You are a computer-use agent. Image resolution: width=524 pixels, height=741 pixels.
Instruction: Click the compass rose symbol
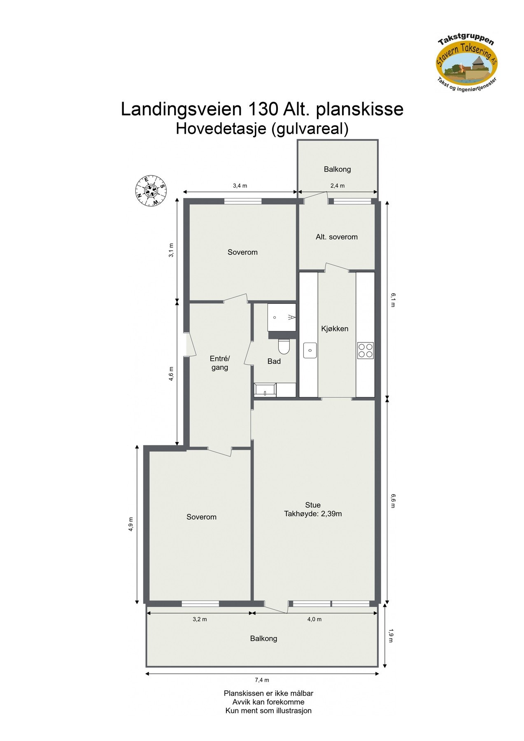[151, 191]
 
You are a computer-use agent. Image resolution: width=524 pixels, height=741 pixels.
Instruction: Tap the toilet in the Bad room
[284, 347]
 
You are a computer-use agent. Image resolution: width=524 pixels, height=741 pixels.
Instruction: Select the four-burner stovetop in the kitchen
[365, 350]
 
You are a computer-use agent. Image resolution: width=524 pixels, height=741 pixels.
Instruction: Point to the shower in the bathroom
[282, 317]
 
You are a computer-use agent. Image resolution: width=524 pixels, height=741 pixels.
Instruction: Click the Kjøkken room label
[335, 329]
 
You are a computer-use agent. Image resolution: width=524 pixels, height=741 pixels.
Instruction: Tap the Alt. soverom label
[336, 237]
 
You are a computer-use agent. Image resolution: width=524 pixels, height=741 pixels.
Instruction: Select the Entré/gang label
[220, 363]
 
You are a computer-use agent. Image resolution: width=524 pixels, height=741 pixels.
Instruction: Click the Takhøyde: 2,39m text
[313, 514]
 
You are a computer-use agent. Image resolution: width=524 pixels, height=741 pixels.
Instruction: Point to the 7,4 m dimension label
[262, 680]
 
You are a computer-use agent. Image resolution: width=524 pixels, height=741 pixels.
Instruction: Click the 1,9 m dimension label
[391, 635]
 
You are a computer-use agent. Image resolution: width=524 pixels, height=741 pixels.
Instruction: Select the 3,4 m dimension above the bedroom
[240, 186]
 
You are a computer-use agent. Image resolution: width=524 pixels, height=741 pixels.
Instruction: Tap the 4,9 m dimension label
[130, 524]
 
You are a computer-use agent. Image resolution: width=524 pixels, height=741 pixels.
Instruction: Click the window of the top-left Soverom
[243, 201]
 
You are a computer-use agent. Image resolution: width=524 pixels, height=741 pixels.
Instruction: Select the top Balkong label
[337, 169]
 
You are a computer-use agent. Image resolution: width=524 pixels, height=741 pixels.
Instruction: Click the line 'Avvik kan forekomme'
[268, 702]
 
